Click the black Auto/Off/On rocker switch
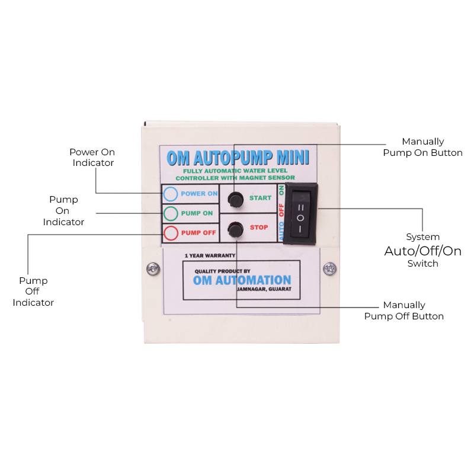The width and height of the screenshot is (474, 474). [300, 213]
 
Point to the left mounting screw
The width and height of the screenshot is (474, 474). [153, 269]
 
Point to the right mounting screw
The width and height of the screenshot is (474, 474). [329, 268]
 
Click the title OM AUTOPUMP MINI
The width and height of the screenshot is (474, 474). [238, 158]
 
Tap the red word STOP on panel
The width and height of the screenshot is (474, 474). [259, 228]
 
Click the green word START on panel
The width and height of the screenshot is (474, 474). [260, 198]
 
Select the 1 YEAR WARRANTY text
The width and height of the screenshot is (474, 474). [210, 256]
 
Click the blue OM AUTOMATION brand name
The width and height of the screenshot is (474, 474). [242, 280]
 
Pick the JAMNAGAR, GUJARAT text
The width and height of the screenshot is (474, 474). [264, 289]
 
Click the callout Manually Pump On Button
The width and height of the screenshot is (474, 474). [422, 147]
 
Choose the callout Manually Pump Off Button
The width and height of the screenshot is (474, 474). [404, 310]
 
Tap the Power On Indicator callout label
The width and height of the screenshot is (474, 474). [92, 157]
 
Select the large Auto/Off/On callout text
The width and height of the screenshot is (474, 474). [422, 251]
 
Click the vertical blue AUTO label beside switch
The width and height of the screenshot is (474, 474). [281, 231]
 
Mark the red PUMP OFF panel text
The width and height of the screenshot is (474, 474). [198, 233]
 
